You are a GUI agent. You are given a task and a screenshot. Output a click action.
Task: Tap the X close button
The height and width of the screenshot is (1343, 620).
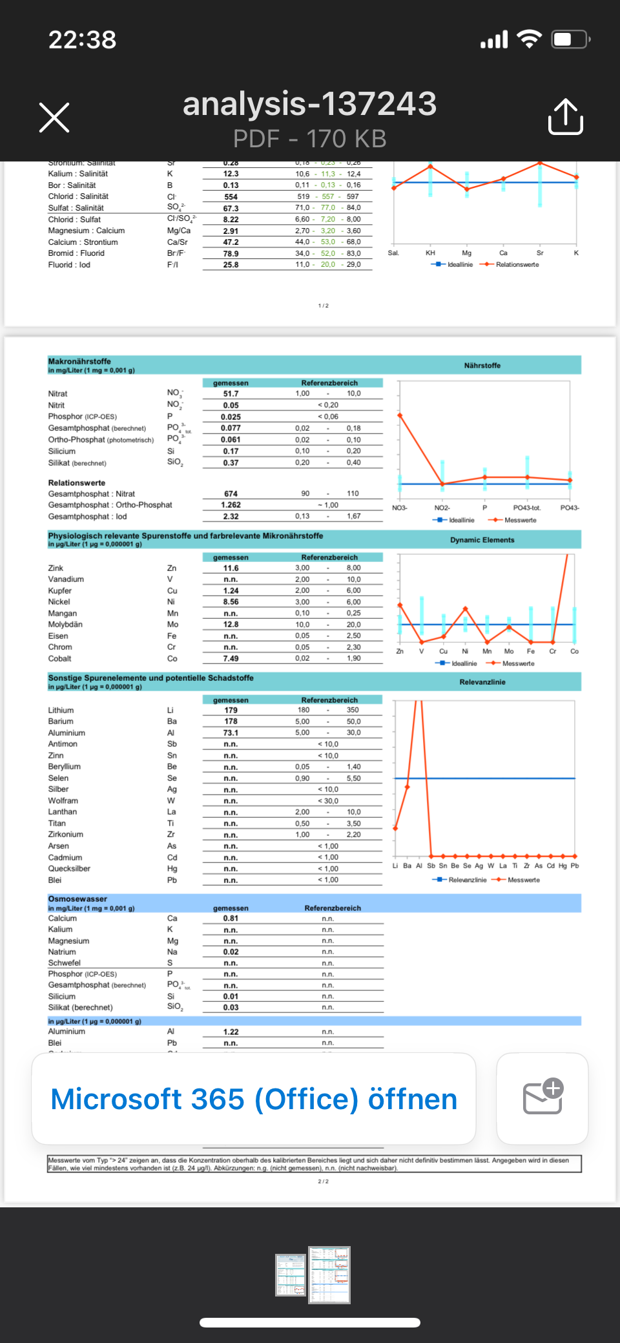pos(54,118)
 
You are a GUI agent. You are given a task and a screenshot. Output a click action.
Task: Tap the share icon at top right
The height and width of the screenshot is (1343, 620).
pos(565,117)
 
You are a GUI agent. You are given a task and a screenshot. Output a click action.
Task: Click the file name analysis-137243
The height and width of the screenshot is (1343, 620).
pos(310,104)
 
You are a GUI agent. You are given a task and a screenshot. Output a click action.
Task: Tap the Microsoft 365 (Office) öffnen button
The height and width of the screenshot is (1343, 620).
pos(254,1099)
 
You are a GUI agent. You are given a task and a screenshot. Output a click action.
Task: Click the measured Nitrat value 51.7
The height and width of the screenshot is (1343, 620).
pos(231,394)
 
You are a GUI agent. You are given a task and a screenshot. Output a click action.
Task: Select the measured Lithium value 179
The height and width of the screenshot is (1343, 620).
pos(231,711)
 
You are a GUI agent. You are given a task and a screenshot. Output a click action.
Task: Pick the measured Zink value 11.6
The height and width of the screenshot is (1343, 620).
pos(231,568)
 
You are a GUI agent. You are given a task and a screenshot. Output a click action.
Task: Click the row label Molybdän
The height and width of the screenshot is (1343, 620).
pos(65,625)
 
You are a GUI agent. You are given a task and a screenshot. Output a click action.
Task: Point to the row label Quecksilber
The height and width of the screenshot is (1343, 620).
pos(69,869)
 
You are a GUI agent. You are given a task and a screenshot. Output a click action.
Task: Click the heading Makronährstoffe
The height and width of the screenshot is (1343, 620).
pos(79,361)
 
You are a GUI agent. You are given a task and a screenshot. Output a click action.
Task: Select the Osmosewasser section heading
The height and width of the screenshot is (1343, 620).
pos(77,899)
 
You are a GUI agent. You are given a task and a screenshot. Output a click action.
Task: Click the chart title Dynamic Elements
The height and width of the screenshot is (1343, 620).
pos(482,540)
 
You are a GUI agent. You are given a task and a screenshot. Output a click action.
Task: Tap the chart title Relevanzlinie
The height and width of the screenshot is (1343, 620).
pos(482,682)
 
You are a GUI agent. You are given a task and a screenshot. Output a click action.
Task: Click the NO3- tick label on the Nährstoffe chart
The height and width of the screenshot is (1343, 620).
pos(400,508)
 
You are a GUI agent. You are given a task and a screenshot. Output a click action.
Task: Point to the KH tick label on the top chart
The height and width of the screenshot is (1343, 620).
pos(430,253)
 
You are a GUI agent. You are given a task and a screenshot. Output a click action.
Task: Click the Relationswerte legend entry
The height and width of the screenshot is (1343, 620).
pos(517,265)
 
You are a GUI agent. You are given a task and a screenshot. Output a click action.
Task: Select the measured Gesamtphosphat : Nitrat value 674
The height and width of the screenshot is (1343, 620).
pos(231,494)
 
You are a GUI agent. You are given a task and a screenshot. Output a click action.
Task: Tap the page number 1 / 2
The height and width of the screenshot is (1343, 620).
pos(323,306)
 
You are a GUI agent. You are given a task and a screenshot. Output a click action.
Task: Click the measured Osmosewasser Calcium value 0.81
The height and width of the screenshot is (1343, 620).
pos(231,919)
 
